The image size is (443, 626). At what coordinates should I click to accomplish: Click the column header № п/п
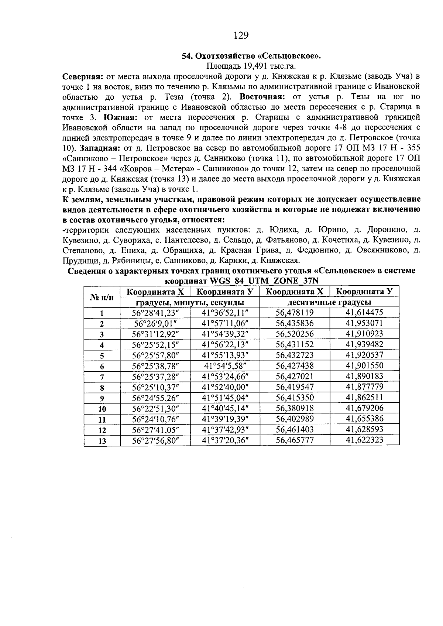click(x=102, y=297)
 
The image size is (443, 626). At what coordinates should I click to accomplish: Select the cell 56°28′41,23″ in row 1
click(x=155, y=313)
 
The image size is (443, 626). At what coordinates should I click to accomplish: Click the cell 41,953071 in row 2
click(x=364, y=323)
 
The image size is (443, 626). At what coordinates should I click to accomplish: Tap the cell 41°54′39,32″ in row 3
click(x=225, y=334)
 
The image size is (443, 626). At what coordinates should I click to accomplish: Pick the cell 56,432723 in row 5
click(x=295, y=355)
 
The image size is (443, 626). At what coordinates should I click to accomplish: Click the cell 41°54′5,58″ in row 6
click(x=225, y=366)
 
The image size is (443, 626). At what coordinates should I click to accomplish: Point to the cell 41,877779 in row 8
click(x=364, y=387)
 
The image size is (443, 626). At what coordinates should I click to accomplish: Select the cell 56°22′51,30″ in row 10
click(x=155, y=409)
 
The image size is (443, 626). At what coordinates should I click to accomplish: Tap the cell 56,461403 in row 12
click(x=295, y=430)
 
